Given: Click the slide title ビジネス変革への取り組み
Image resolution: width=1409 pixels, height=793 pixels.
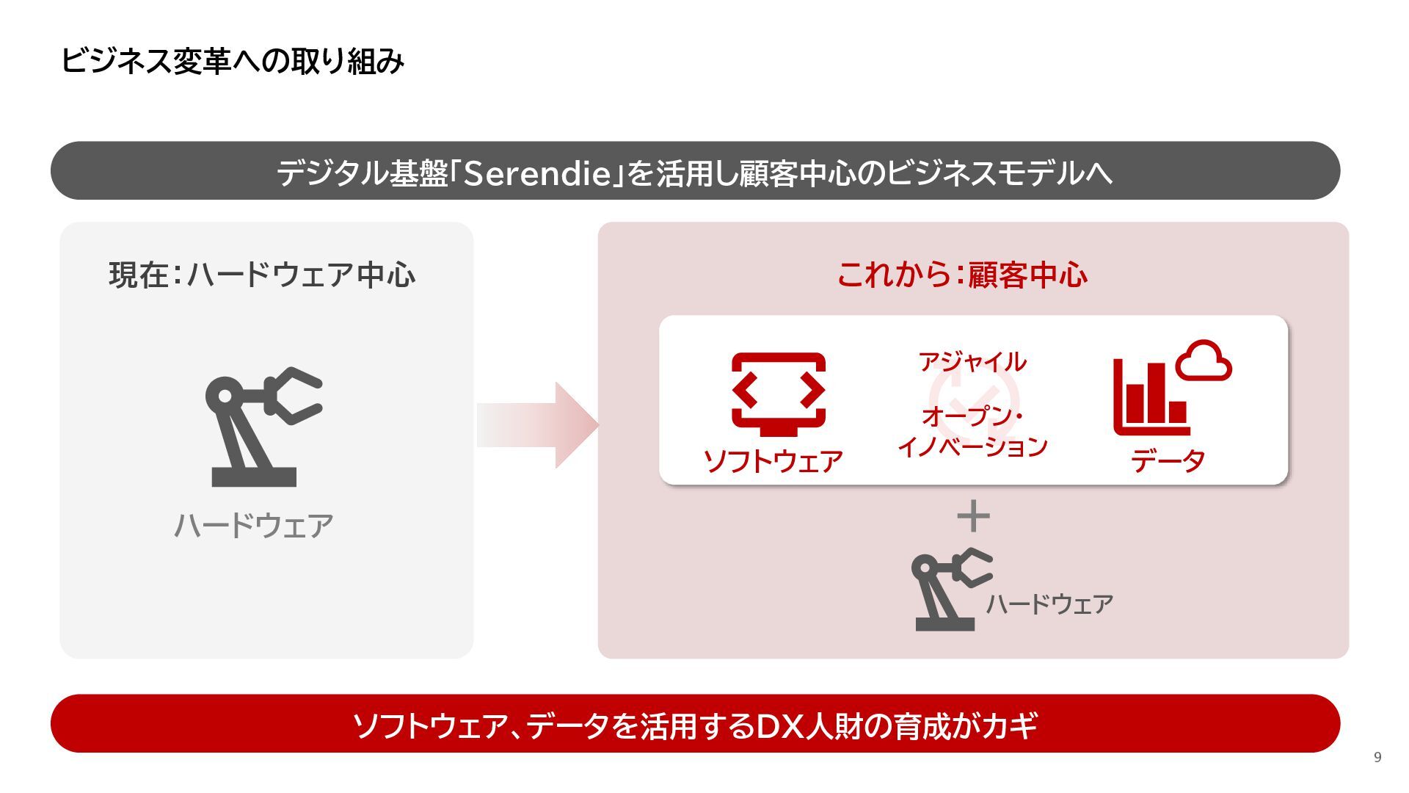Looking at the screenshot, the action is coord(232,61).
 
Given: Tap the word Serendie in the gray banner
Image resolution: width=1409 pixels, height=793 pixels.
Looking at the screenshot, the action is coord(538,173).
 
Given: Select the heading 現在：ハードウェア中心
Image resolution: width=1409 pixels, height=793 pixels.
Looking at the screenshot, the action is coord(262,275).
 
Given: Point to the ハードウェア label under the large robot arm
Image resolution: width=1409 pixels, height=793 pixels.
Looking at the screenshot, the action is coord(254,526).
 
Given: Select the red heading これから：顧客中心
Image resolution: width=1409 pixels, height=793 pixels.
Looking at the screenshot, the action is coord(962,275).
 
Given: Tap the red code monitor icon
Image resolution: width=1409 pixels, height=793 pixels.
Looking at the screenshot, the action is coord(779,393).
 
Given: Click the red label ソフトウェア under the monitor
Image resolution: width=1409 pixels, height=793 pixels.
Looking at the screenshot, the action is coord(773,461).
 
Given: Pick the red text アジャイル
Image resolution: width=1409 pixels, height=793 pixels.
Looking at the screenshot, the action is coord(972,362).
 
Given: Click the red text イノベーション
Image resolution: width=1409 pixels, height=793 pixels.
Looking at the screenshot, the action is coord(972,446).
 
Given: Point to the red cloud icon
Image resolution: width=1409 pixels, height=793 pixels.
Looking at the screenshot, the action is coord(1204,361).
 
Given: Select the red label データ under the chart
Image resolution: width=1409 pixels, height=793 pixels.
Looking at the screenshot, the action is coord(1168,461).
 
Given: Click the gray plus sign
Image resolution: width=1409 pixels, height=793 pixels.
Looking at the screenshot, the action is coord(974,516).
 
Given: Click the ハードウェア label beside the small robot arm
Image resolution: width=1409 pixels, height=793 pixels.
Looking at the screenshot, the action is coord(1049,604).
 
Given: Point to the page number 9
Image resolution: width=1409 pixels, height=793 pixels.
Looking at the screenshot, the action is coord(1377,757).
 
